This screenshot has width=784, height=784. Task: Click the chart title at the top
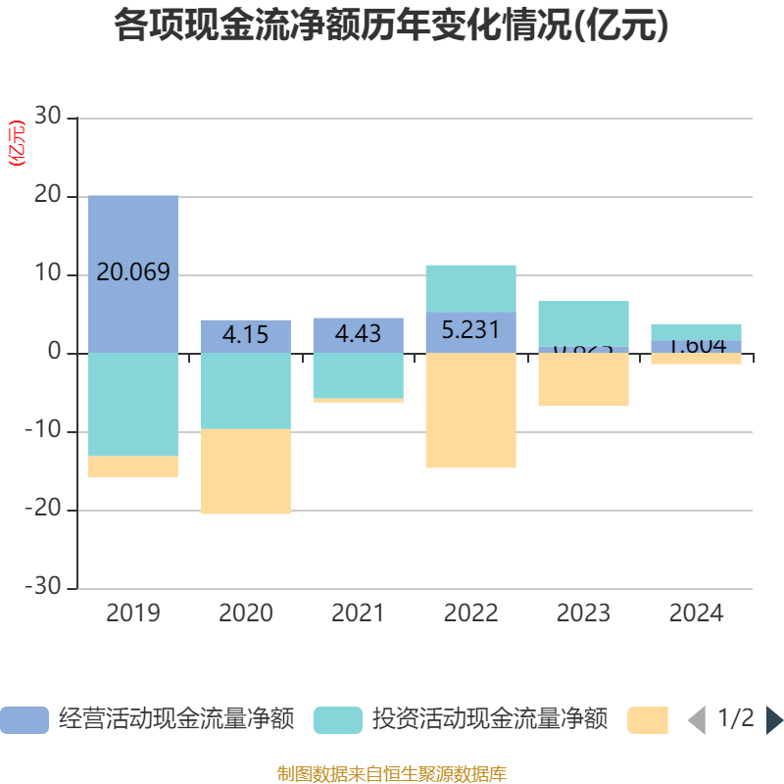391,25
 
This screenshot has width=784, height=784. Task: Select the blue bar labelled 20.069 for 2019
133,235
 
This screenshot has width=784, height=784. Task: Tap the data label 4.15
245,334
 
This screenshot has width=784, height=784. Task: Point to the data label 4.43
358,334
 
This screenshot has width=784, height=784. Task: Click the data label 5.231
470,329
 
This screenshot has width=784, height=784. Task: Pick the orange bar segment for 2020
245,471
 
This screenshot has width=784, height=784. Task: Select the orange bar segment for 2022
470,411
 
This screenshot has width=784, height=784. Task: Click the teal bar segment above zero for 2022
470,288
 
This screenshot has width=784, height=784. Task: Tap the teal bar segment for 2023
583,323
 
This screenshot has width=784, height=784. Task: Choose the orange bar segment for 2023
583,380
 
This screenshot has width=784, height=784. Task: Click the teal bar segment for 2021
358,375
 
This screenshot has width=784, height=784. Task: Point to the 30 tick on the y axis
48,118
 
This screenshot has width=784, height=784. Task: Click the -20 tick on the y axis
43,510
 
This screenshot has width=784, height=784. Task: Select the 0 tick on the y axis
55,353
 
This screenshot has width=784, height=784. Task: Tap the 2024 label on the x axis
696,613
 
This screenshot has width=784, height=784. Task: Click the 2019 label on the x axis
133,613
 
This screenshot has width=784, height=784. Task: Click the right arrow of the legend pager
774,720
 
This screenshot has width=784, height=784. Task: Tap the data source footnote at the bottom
391,774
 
